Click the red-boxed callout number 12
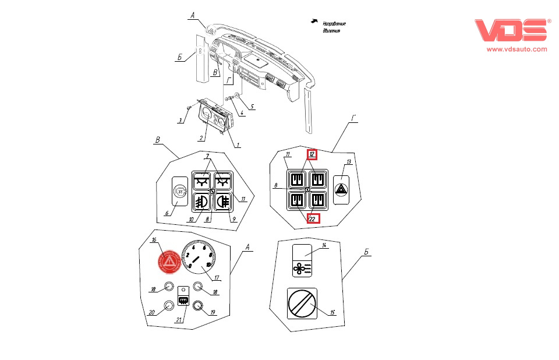pyautogui.click(x=312, y=154)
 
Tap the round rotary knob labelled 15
pyautogui.click(x=302, y=305)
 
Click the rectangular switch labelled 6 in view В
pyautogui.click(x=181, y=192)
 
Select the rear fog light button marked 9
pyautogui.click(x=223, y=202)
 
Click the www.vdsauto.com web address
pyautogui.click(x=516, y=50)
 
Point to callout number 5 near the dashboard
pyautogui.click(x=252, y=107)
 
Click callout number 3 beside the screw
pyautogui.click(x=181, y=120)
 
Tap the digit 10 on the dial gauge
pyautogui.click(x=208, y=265)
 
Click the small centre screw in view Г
pyautogui.click(x=307, y=189)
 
